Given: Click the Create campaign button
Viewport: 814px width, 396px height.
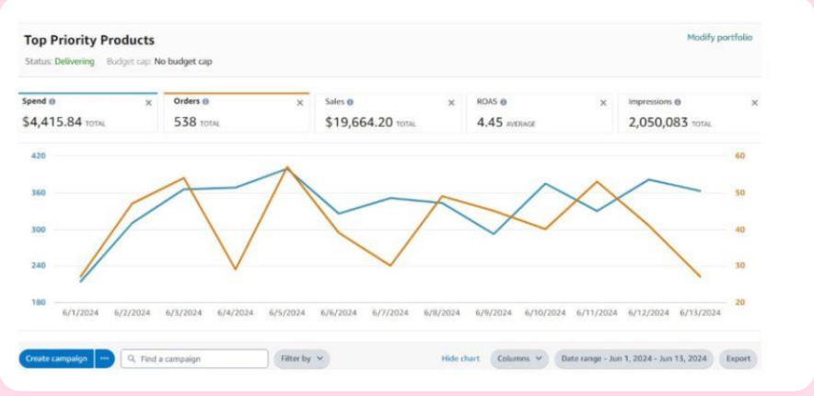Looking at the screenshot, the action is (56, 358).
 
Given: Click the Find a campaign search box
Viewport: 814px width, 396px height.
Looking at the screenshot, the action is (194, 358).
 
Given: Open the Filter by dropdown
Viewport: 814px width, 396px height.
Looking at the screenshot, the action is (302, 358).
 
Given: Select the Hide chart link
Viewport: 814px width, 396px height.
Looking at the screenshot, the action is (460, 358).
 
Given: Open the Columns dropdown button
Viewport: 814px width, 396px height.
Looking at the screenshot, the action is (519, 358).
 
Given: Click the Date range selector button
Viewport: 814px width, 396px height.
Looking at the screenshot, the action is (634, 358).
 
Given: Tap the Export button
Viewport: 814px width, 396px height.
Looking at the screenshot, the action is (738, 358).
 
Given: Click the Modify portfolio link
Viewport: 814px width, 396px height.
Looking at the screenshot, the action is (719, 38).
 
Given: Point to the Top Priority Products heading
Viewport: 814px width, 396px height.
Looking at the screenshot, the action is (89, 40).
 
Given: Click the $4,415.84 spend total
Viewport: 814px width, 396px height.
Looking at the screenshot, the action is (52, 122).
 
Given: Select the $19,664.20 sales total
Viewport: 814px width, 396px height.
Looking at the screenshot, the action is (359, 122).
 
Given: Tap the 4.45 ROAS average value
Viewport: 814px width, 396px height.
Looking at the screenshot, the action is (490, 122).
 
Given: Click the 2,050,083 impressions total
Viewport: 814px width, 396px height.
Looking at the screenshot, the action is (658, 122).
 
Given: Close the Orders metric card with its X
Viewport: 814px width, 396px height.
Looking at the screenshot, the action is (300, 103).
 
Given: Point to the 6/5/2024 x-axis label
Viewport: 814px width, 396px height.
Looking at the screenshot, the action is (287, 313).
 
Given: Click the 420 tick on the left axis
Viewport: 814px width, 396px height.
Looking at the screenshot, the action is (39, 156).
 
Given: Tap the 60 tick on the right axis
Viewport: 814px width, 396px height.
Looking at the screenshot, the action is (739, 156).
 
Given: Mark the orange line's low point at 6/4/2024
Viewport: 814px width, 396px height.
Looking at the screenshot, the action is (235, 269).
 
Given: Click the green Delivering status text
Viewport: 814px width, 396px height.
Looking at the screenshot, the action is (75, 62).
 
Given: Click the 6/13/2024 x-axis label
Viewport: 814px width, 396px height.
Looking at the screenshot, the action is (701, 313).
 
